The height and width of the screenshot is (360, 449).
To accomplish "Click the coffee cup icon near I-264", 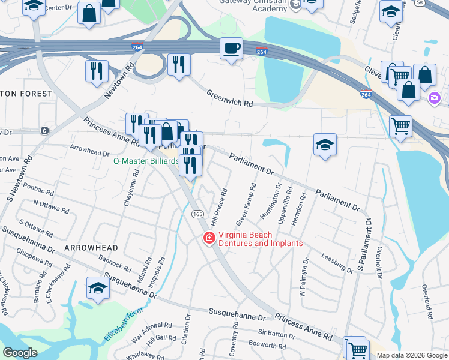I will click(231, 49).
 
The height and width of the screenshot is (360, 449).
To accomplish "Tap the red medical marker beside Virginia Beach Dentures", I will click(209, 239).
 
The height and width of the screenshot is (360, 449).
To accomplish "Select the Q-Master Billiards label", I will click(146, 161).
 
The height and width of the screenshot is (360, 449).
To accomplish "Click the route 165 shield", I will click(197, 214).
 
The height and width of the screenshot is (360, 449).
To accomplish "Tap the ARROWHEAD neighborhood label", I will click(91, 247).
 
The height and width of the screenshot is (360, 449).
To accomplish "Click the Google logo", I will click(20, 353).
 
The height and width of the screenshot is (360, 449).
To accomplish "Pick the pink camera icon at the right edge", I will click(434, 98).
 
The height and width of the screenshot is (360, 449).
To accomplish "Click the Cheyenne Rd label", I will click(131, 188).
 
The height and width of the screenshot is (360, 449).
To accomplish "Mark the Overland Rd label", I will click(427, 301).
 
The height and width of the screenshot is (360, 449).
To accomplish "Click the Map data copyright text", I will click(412, 355).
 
